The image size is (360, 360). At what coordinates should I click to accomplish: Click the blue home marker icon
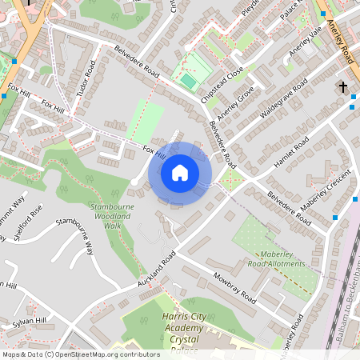(x=180, y=172)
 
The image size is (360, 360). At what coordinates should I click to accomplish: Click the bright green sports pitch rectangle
(x=188, y=81)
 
